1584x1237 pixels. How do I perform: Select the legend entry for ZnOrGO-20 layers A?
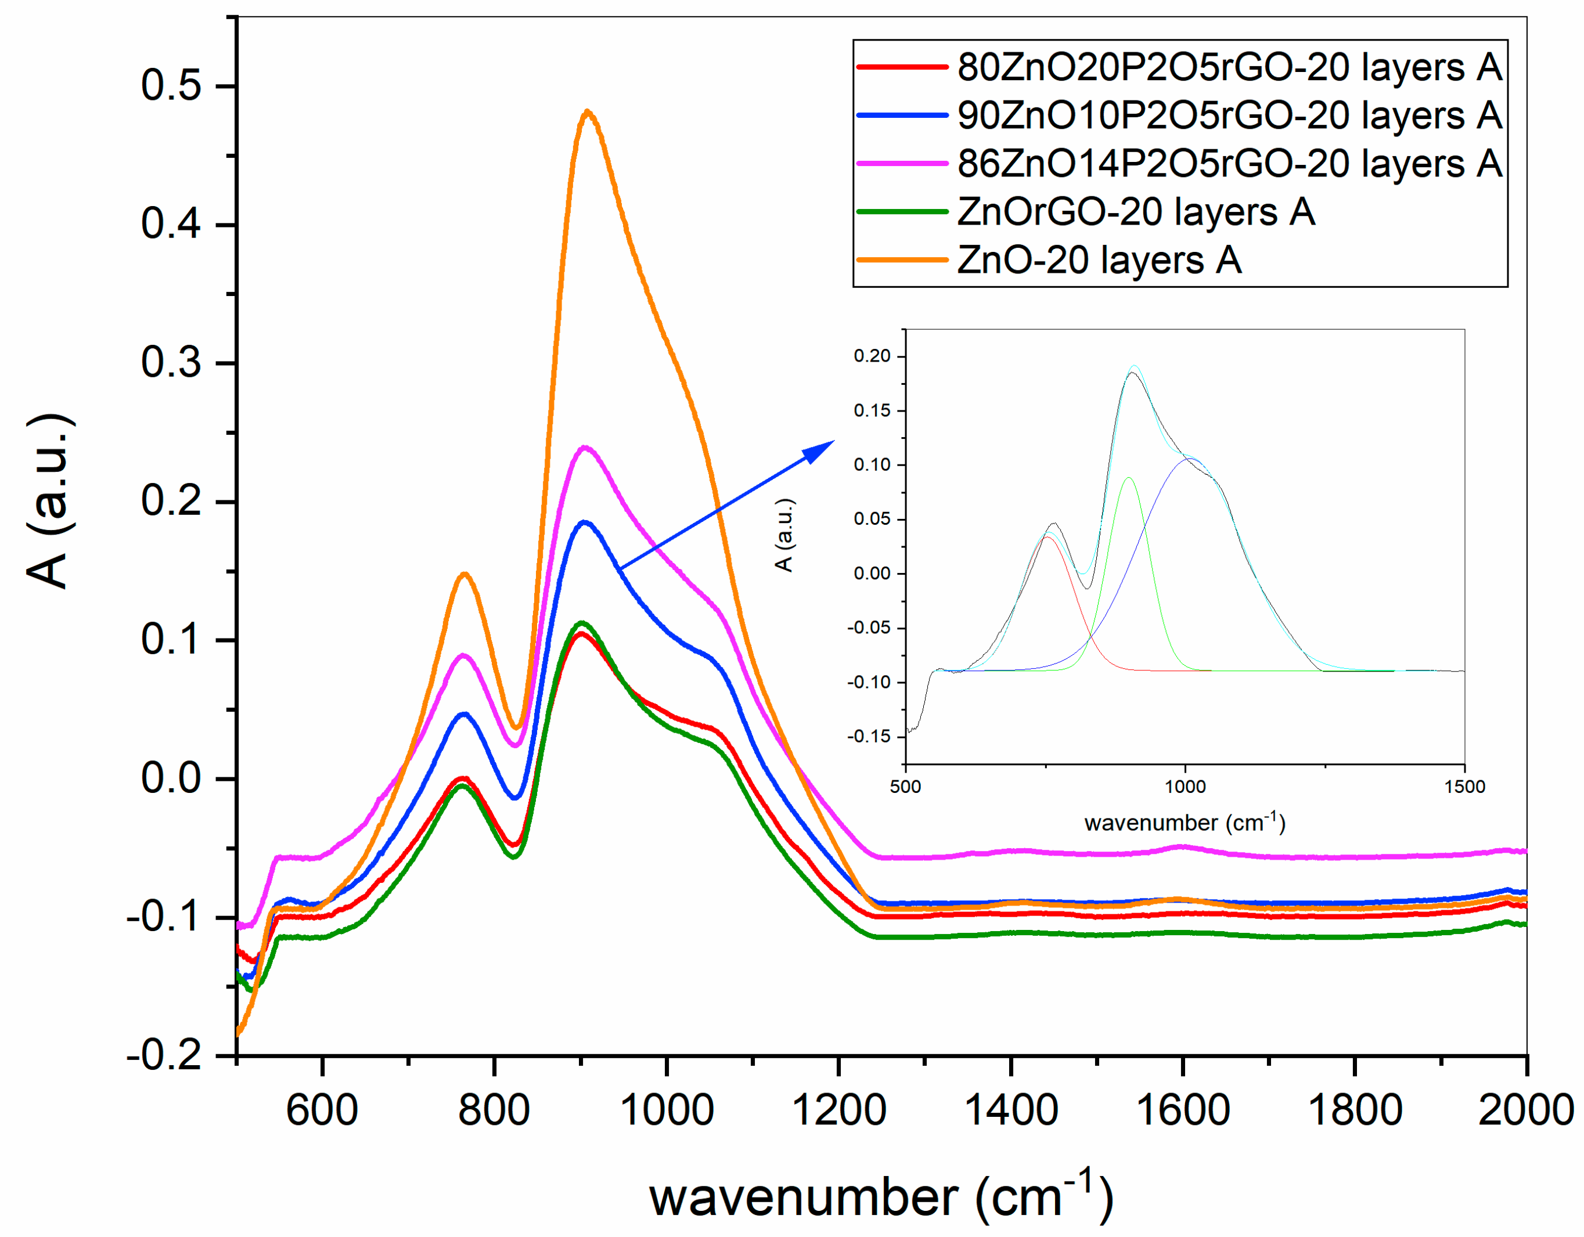(x=1135, y=212)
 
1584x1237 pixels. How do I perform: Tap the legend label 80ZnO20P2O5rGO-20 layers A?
(x=1229, y=67)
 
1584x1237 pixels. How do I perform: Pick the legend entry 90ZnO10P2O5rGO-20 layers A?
(x=1229, y=116)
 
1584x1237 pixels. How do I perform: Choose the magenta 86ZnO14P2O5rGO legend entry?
(x=1229, y=163)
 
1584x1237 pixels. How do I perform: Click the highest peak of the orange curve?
(x=588, y=111)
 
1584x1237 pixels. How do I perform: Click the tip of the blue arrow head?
(x=834, y=441)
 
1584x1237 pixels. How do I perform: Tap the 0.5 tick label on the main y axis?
(x=171, y=85)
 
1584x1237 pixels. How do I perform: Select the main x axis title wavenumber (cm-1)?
(x=880, y=1198)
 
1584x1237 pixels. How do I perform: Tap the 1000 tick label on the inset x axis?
(x=1185, y=787)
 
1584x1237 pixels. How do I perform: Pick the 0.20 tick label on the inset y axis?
(x=871, y=356)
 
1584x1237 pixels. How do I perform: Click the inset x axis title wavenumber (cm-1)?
(x=1185, y=823)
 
